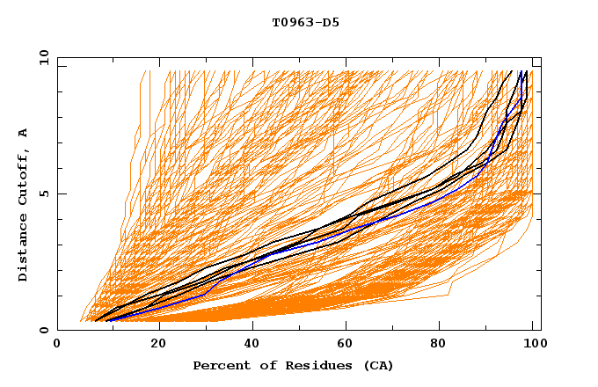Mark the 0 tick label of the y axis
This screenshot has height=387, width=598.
coord(44,330)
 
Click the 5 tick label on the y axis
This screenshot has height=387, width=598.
coord(44,193)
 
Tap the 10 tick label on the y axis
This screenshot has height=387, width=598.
coord(41,57)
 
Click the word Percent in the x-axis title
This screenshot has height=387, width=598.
coord(219,366)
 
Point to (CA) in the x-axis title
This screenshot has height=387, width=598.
coord(376,366)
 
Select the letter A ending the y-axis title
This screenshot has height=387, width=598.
coord(23,132)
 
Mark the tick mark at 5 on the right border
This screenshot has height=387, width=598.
coord(537,193)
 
